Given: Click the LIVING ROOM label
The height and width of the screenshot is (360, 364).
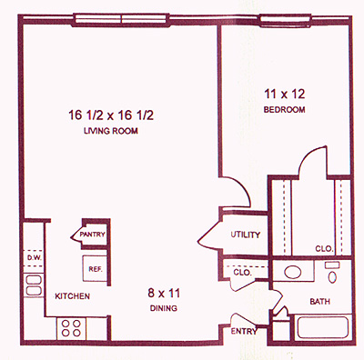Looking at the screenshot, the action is [x=111, y=131].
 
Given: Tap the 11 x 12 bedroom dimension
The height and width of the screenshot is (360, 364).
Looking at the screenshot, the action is [x=284, y=94].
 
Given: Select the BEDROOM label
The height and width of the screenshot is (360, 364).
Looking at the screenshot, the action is [x=284, y=109].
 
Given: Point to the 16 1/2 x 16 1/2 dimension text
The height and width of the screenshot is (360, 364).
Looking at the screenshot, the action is [x=111, y=115].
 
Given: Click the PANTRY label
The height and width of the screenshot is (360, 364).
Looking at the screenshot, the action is [x=92, y=235].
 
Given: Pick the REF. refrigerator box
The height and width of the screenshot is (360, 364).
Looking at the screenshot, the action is [x=95, y=269].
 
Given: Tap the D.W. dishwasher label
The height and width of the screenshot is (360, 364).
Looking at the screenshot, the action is [x=32, y=258].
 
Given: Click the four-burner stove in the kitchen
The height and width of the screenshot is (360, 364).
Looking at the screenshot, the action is [x=71, y=328].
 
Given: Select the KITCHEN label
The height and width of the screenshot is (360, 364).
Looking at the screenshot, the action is [x=72, y=296].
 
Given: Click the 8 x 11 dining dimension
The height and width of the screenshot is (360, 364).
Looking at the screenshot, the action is [x=164, y=293].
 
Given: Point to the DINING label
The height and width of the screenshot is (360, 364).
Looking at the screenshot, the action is [x=164, y=308].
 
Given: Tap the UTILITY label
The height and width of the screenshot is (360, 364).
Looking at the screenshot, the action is [x=246, y=235].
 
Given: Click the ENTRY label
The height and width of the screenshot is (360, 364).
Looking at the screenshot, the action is [x=244, y=331].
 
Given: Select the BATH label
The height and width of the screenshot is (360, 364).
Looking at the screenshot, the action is [x=319, y=301].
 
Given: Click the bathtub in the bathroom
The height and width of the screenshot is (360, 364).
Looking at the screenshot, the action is [x=322, y=327].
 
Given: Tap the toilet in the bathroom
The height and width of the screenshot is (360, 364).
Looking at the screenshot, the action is [x=332, y=273].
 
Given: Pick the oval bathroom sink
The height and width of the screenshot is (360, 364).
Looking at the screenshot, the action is [x=293, y=272].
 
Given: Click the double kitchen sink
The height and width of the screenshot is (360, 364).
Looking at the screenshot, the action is [x=34, y=285].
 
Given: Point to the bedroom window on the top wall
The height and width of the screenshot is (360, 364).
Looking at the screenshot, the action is [x=285, y=20].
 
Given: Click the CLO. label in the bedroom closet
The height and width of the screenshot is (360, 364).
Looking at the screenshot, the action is [x=324, y=249].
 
